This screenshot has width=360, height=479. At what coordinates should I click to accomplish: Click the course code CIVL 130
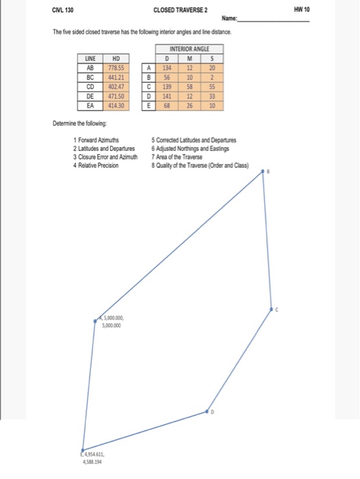click(62, 12)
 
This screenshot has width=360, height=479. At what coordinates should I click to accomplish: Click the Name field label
click(231, 21)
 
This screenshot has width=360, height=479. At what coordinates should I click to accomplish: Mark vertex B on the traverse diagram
click(264, 174)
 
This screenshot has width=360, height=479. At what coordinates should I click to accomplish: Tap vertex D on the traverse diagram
click(209, 412)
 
